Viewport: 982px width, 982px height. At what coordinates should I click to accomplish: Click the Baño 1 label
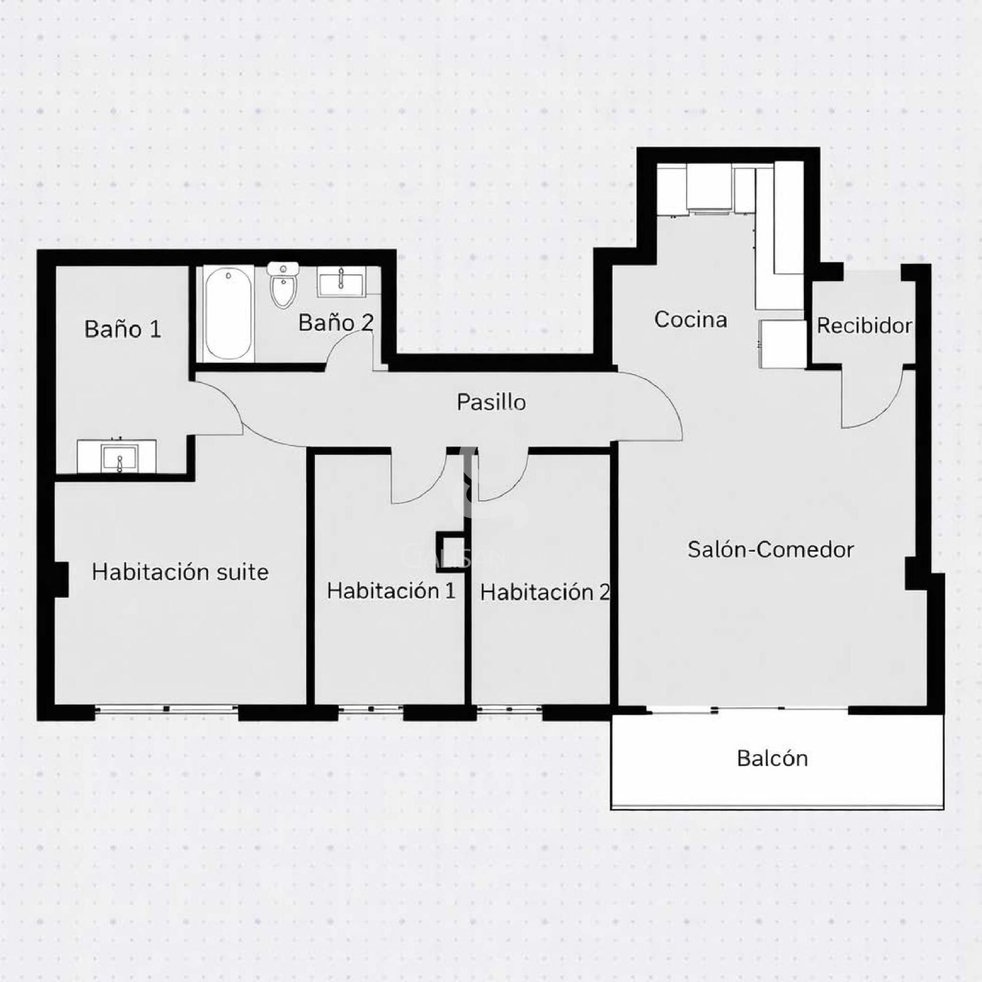click(x=123, y=329)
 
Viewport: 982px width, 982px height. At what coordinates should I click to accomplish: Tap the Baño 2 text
click(x=336, y=322)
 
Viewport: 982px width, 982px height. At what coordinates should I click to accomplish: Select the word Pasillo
click(x=491, y=402)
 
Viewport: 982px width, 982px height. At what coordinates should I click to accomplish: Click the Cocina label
click(x=690, y=319)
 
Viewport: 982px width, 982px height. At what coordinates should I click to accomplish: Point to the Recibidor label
click(x=864, y=325)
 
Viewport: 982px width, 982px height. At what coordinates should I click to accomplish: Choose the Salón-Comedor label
click(x=770, y=549)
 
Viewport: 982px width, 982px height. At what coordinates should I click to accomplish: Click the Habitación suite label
click(x=180, y=572)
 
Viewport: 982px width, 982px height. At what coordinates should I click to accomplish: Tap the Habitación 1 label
click(x=391, y=590)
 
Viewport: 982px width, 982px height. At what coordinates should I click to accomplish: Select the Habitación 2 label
click(x=545, y=592)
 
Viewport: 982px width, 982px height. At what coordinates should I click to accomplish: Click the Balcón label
click(x=772, y=758)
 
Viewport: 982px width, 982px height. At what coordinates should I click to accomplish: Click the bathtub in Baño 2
click(x=228, y=314)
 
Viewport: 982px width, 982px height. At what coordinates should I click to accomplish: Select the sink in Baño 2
click(x=341, y=282)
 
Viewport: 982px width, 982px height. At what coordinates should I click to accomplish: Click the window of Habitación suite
click(x=166, y=709)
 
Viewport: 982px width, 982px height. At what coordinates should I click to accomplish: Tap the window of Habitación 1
click(x=371, y=709)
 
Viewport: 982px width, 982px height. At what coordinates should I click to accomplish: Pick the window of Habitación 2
click(x=509, y=709)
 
